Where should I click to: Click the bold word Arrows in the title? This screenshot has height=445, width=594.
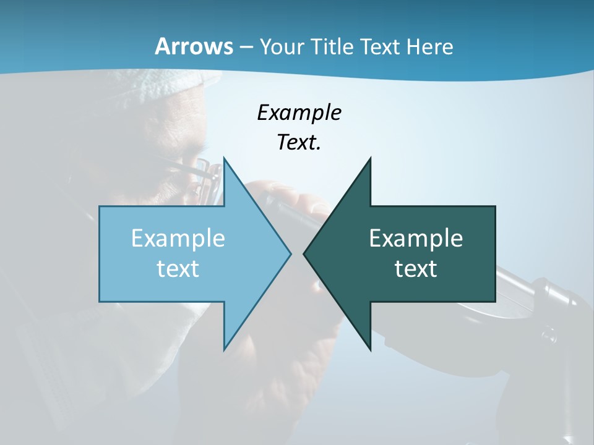tap(194, 46)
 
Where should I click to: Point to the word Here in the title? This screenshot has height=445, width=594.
tap(430, 47)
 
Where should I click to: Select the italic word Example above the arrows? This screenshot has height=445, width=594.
tap(299, 113)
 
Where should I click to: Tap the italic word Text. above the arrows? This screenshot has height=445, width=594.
tap(299, 143)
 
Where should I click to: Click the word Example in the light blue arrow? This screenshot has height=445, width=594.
tap(178, 239)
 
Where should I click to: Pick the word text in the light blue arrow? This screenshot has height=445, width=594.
tap(178, 268)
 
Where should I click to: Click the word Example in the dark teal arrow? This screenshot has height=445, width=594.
tap(416, 239)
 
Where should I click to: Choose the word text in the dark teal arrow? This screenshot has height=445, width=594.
tap(416, 268)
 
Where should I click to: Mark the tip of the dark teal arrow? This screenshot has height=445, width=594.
tap(304, 253)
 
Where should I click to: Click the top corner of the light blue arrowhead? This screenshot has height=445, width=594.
tap(224, 159)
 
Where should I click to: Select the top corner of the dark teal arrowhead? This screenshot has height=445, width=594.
tap(370, 159)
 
